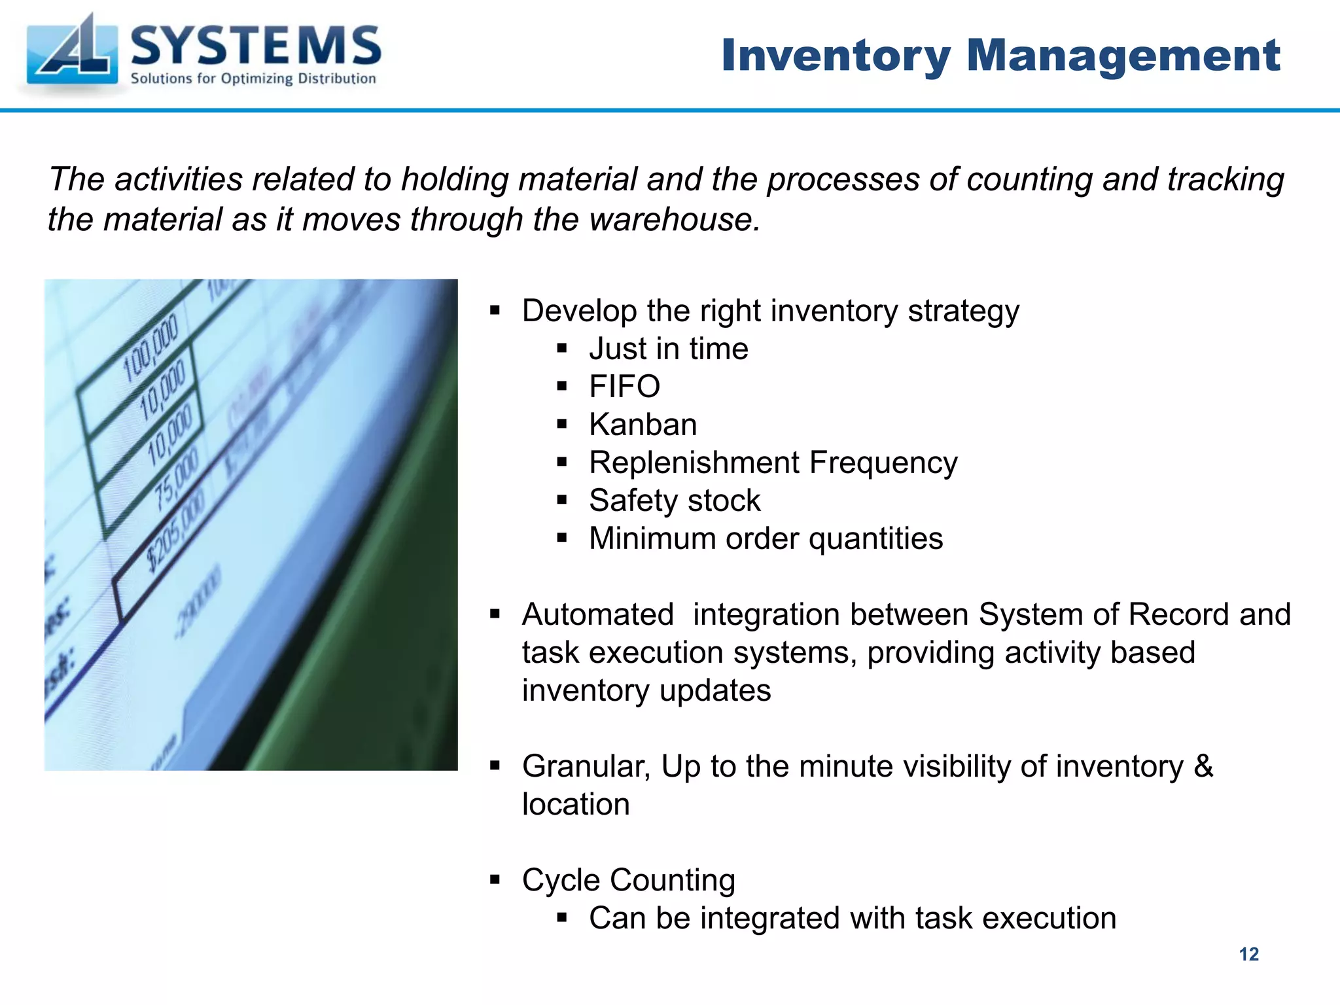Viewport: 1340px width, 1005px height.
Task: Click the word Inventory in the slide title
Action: point(836,56)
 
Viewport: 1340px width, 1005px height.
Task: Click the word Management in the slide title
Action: point(1123,56)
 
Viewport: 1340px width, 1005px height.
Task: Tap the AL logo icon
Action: point(72,52)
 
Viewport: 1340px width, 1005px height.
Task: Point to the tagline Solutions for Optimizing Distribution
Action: point(253,79)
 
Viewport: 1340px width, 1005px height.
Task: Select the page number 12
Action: point(1248,955)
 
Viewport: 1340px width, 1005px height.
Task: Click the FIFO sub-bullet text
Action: point(624,387)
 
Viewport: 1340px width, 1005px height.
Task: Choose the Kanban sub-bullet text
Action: point(643,425)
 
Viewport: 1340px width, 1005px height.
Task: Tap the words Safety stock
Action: point(674,501)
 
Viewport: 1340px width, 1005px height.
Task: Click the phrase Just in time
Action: point(668,349)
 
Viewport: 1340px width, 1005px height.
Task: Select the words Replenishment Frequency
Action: point(773,463)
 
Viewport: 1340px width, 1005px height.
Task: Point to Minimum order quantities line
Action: point(766,538)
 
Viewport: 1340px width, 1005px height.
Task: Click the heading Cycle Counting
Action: point(628,880)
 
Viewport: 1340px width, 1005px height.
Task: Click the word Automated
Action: point(597,614)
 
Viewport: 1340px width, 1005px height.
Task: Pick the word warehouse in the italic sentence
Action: point(674,219)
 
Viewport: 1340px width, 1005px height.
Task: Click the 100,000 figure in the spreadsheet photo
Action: point(151,347)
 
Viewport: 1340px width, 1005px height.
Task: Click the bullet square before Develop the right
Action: point(495,310)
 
